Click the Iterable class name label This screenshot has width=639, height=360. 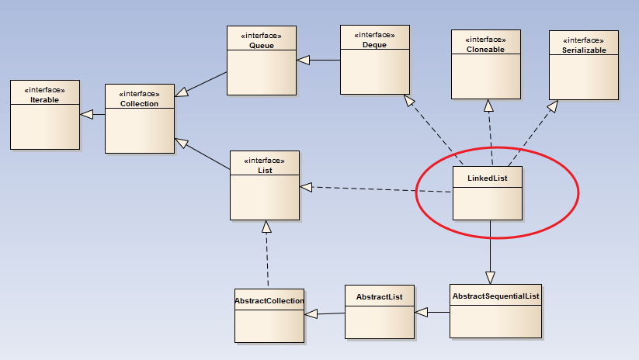point(44,100)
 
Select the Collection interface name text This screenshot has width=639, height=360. point(139,103)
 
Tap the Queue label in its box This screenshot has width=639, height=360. point(261,46)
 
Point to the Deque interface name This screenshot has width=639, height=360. point(374,45)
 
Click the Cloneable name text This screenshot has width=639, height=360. point(485,50)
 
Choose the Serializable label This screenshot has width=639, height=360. point(584,50)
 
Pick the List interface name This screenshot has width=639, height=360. point(265,170)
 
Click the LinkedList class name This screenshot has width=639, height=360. point(488,178)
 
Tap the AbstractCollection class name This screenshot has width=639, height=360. point(269,300)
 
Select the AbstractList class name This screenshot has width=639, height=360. point(380,297)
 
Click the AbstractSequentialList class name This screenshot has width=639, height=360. point(496,296)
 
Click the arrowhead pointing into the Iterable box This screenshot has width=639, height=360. point(86,114)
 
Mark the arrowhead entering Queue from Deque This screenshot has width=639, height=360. point(304,61)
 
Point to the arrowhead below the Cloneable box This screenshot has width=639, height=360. point(488,106)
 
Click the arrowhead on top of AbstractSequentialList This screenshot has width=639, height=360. point(490,278)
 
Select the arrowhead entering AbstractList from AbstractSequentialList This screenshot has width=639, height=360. point(422,313)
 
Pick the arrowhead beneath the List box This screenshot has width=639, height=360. point(266,227)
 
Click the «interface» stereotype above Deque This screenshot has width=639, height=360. point(374,35)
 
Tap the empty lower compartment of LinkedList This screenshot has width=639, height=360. point(488,203)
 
